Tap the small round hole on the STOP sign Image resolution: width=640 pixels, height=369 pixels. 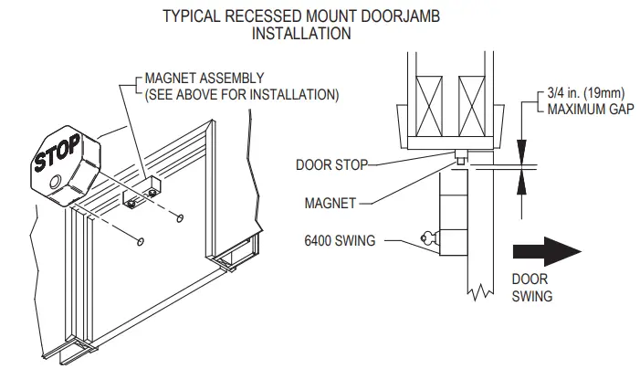pyautogui.click(x=55, y=181)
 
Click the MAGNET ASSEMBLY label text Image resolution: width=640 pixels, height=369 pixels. pyautogui.click(x=205, y=79)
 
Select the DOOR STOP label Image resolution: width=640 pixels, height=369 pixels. pyautogui.click(x=331, y=165)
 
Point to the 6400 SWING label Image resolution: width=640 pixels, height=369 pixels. pyautogui.click(x=340, y=240)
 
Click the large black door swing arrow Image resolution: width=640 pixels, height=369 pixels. pyautogui.click(x=547, y=251)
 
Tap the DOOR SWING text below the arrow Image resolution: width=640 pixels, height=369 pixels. pyautogui.click(x=532, y=288)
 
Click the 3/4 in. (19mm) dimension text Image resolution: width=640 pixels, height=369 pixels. pyautogui.click(x=586, y=93)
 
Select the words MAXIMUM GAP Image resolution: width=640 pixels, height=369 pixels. pyautogui.click(x=590, y=109)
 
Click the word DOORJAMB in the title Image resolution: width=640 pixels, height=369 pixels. pyautogui.click(x=400, y=16)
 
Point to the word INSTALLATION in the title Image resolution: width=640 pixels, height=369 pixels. pyautogui.click(x=301, y=33)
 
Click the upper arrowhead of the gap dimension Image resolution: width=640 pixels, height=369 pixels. pyautogui.click(x=521, y=153)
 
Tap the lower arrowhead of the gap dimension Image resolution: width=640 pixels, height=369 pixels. pyautogui.click(x=521, y=181)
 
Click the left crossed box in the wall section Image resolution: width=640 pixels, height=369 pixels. pyautogui.click(x=429, y=107)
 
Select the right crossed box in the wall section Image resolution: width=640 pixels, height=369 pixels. pyautogui.click(x=471, y=107)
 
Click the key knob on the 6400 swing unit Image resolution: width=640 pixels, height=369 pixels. pyautogui.click(x=429, y=237)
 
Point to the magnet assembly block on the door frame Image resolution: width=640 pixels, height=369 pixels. pyautogui.click(x=142, y=192)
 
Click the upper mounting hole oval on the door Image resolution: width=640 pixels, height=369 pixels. pyautogui.click(x=180, y=218)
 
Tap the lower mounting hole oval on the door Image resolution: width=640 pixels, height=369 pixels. pyautogui.click(x=141, y=242)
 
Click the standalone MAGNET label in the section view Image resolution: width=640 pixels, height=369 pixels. pyautogui.click(x=330, y=203)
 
